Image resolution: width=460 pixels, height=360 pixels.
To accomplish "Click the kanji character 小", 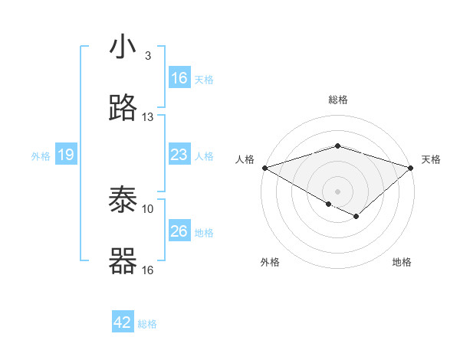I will [123, 48].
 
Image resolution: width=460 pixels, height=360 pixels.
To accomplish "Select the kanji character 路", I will [123, 110].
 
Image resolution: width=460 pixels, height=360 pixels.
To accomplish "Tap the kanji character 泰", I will [123, 201].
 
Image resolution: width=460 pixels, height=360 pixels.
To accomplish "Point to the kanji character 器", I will [123, 262].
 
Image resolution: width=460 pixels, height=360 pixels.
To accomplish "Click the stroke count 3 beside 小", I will [148, 56].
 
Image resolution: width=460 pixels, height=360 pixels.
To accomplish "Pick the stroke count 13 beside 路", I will [148, 117].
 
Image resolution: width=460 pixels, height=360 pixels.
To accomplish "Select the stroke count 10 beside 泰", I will [148, 208].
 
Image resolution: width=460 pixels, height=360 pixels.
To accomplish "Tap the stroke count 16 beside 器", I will [148, 270].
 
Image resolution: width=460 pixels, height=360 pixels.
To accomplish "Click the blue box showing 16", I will [179, 78].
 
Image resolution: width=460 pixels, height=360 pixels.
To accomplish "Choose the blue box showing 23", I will [179, 155].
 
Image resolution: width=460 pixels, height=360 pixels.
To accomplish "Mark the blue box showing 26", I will [179, 231].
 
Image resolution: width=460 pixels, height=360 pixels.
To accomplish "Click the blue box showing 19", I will [66, 155].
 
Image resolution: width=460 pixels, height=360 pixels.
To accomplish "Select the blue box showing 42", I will [123, 323].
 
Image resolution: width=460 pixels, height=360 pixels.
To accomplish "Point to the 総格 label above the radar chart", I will [337, 100].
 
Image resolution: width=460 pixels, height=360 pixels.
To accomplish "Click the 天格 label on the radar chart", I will [431, 159].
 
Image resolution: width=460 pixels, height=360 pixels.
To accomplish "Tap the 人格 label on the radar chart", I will [245, 159].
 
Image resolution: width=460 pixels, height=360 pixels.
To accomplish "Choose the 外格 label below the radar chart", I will [270, 263].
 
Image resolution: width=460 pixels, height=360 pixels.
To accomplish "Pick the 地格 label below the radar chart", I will [402, 263].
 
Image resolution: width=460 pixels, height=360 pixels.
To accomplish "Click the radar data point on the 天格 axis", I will [411, 167].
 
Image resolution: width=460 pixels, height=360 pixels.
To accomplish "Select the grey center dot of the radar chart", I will [337, 191].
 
